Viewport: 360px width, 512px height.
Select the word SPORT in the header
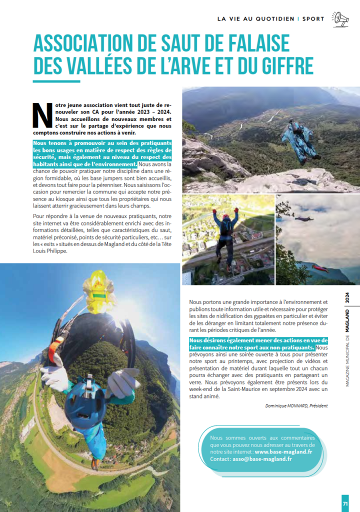tap(313, 19)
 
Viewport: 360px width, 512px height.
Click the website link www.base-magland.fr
tap(283, 451)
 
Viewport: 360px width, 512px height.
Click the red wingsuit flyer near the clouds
tap(320, 268)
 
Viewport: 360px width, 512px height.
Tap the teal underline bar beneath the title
tap(56, 81)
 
